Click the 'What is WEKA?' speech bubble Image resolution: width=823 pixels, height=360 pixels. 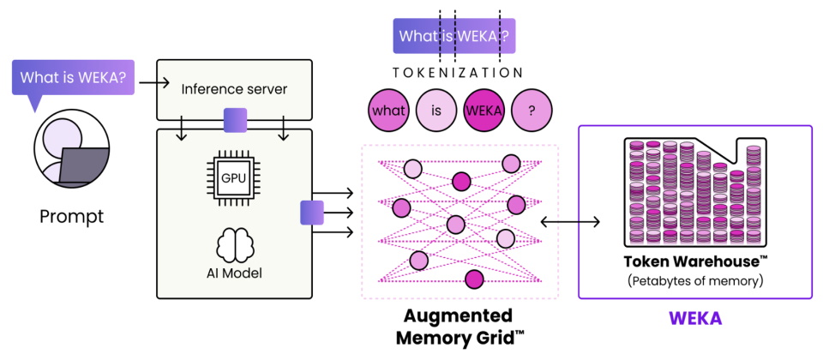(x=73, y=78)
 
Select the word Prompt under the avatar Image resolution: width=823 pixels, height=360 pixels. (x=72, y=216)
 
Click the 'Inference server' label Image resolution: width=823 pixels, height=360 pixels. (x=234, y=89)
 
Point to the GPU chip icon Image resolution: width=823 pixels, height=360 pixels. (x=232, y=177)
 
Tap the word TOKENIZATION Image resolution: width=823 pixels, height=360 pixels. (x=457, y=72)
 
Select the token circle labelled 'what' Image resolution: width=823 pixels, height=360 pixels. (x=389, y=111)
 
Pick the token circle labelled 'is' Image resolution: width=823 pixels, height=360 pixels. (x=436, y=111)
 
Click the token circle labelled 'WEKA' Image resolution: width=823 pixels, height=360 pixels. (x=484, y=111)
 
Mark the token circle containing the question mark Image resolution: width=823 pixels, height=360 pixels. (x=532, y=111)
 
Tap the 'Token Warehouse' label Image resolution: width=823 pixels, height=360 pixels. (x=696, y=262)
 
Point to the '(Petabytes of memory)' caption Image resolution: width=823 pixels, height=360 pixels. (x=695, y=281)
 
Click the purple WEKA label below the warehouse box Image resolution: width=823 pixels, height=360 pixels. (x=695, y=318)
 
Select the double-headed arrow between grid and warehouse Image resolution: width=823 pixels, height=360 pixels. (x=570, y=223)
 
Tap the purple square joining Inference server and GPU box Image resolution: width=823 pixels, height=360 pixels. (x=235, y=120)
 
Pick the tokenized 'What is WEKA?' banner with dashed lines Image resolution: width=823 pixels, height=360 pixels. (x=454, y=36)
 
